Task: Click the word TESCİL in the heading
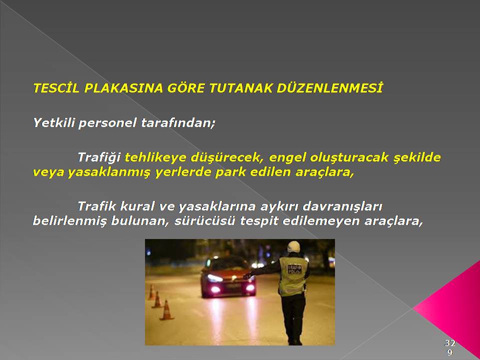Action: click(56, 88)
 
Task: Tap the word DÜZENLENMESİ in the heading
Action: click(329, 88)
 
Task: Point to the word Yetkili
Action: click(53, 123)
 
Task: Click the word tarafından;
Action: click(178, 123)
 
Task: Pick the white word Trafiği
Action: click(99, 157)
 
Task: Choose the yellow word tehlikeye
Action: click(155, 157)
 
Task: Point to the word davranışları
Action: click(342, 207)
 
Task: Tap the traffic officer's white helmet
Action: click(293, 246)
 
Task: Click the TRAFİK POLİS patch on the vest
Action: click(294, 269)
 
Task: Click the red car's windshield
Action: click(227, 263)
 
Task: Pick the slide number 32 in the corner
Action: click(449, 342)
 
